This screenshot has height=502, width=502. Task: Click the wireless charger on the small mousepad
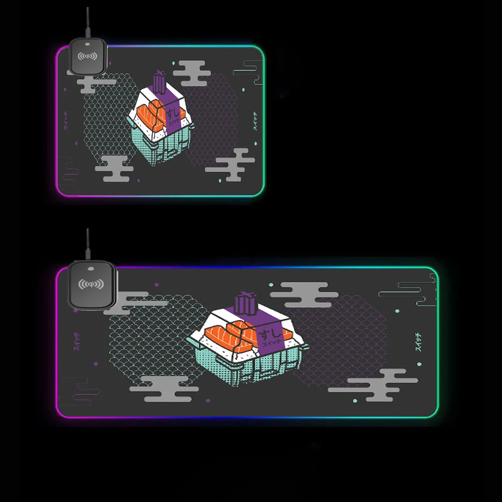88,57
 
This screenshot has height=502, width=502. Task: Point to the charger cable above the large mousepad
88,243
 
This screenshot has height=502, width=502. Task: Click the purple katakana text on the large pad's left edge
76,341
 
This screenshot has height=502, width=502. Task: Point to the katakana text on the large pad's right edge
419,341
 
